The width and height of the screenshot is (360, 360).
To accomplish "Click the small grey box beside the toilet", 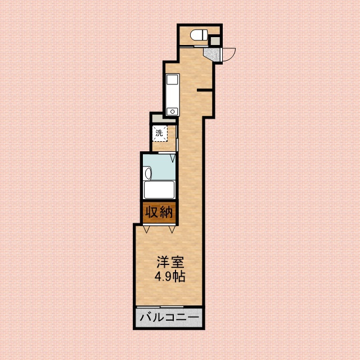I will click(x=214, y=40).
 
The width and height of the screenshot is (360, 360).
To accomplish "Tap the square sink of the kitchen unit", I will click(x=172, y=79).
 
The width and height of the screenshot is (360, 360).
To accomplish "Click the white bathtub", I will click(x=160, y=190).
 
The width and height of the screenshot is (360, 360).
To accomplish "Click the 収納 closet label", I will click(x=159, y=213).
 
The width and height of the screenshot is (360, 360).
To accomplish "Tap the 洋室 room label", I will click(x=170, y=262).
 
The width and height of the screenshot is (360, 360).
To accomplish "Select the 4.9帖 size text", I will click(x=170, y=276).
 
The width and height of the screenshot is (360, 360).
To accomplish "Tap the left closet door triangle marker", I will click(x=146, y=228).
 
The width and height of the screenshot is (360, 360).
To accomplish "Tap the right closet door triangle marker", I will click(x=171, y=228).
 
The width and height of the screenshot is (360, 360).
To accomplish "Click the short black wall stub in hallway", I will click(x=205, y=90).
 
